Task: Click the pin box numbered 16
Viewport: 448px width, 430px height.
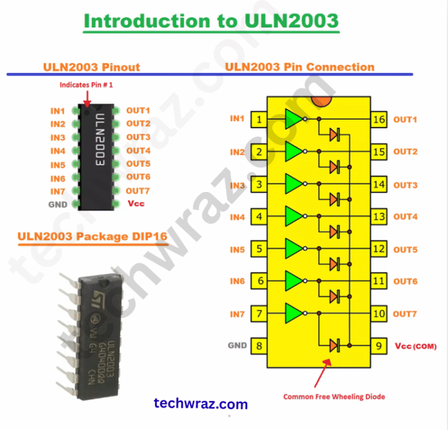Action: (x=379, y=120)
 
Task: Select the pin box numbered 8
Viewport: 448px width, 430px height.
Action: (x=259, y=347)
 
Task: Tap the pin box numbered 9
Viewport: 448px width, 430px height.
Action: (x=379, y=347)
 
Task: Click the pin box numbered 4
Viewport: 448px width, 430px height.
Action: (x=259, y=218)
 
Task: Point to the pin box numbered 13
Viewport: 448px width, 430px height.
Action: (x=379, y=218)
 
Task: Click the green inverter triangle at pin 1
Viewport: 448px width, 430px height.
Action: (x=293, y=119)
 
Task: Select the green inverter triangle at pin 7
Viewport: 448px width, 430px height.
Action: (x=293, y=313)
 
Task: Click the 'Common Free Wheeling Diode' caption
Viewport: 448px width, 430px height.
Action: (x=334, y=397)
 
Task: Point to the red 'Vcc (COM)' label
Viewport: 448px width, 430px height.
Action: (x=415, y=346)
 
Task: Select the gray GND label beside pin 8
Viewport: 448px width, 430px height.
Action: (x=237, y=345)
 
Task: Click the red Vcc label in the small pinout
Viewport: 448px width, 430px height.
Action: (x=135, y=204)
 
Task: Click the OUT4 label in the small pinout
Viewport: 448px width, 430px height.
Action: (x=138, y=151)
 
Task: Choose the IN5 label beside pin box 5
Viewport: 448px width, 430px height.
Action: (x=237, y=250)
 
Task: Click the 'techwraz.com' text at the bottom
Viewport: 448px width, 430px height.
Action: (x=201, y=404)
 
